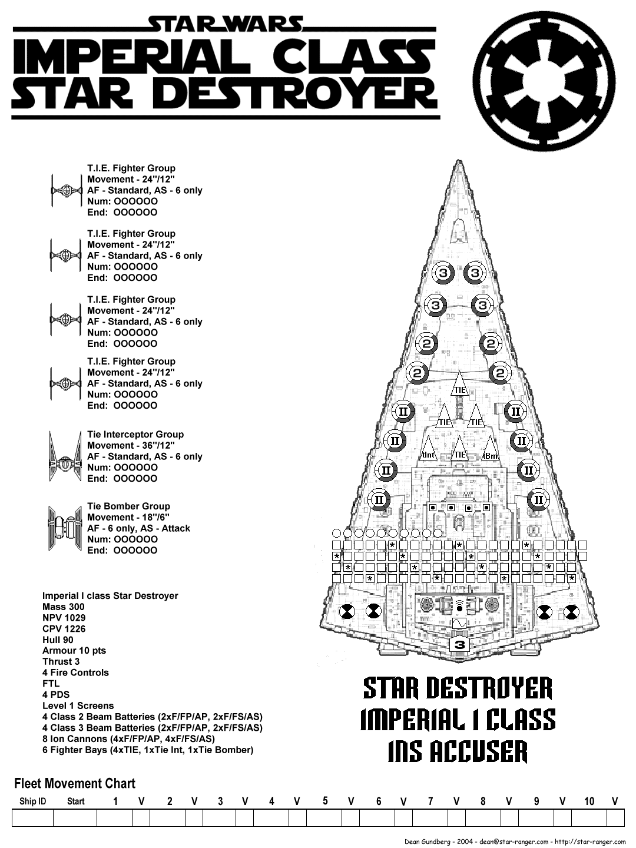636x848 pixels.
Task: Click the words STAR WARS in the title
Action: tap(226, 24)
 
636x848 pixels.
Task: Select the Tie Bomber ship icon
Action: tap(65, 528)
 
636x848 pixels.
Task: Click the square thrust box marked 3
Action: tap(460, 645)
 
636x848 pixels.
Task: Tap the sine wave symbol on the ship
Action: tap(459, 623)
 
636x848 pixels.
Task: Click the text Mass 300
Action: tap(63, 607)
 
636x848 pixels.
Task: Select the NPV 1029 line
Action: tap(64, 618)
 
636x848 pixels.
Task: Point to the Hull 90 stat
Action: tap(58, 640)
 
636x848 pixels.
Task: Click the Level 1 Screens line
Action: tap(78, 705)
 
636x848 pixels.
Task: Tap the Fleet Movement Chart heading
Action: tap(74, 784)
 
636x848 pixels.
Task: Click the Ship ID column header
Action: tap(32, 801)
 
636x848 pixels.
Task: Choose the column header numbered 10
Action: tap(589, 801)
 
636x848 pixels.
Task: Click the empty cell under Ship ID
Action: tap(32, 818)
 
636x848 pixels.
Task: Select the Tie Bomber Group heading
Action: tap(128, 506)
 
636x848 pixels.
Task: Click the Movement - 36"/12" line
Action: tap(131, 445)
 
